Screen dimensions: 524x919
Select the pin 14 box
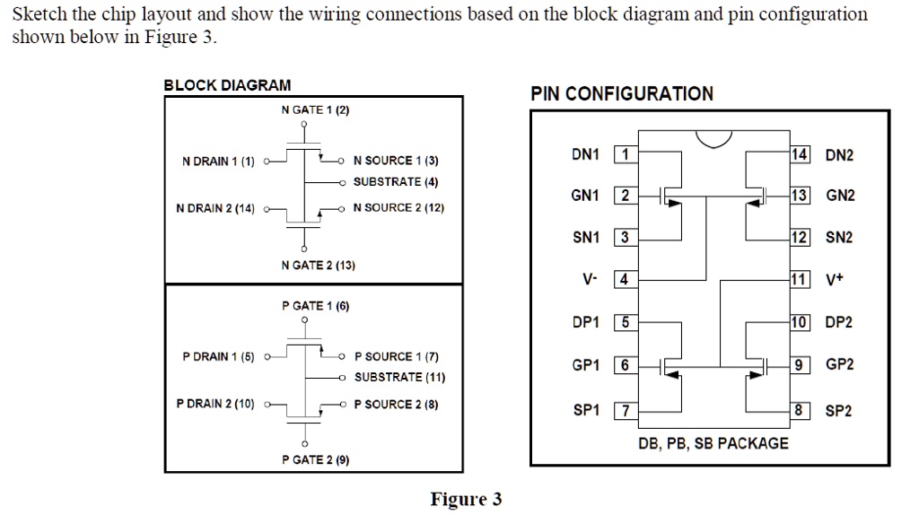coord(799,154)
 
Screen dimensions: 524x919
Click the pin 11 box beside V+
coord(799,279)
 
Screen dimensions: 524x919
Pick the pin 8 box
coord(799,410)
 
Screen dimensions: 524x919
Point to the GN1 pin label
coord(585,196)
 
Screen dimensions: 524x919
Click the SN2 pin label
coord(839,238)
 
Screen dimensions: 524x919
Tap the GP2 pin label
coord(839,364)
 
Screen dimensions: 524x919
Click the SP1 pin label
coord(585,410)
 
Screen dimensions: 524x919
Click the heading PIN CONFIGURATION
coord(622,93)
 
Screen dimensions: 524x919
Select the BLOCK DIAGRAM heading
coord(227,85)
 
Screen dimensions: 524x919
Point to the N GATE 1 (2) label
coord(314,109)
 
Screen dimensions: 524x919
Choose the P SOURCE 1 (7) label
coord(397,356)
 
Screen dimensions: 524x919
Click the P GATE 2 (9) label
coord(315,460)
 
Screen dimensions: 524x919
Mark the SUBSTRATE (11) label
coord(399,378)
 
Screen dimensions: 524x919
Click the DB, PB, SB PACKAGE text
coord(713,443)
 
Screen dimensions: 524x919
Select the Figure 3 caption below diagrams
coord(466,500)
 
